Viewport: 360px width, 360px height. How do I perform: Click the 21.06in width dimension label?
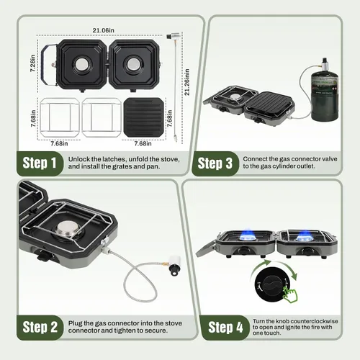pos(104,30)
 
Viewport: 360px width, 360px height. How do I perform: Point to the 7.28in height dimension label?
pos(33,63)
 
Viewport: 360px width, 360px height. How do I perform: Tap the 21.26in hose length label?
pos(187,82)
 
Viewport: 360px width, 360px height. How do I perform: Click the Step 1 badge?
pos(40,163)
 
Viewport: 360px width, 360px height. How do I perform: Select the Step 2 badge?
pos(40,328)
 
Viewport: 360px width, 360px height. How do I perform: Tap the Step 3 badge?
pos(215,163)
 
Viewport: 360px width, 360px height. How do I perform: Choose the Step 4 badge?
pos(225,328)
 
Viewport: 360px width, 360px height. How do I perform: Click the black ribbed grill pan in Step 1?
pos(144,117)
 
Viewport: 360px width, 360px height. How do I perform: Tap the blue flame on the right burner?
pos(305,235)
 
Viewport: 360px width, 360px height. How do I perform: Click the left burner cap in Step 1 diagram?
pos(82,64)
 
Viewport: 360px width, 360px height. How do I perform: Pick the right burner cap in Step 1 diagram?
pos(132,64)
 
